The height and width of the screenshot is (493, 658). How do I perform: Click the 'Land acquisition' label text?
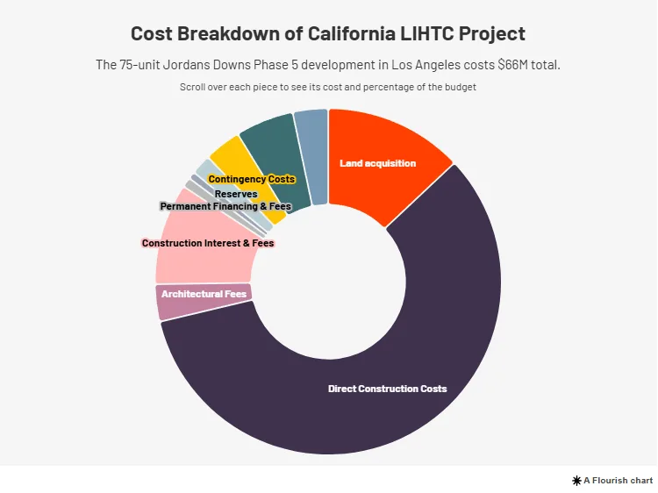point(377,163)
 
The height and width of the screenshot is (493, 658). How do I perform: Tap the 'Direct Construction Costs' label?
point(387,389)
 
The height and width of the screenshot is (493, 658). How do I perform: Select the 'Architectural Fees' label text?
point(204,294)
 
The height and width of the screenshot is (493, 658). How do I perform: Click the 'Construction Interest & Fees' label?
point(208,243)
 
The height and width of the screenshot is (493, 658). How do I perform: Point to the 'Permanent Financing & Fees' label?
point(225,206)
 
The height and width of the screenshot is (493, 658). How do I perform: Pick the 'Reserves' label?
point(236,194)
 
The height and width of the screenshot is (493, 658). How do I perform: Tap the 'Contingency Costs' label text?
point(252,179)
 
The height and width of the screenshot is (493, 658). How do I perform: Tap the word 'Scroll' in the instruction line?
point(194,88)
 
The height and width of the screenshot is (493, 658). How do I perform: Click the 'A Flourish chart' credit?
point(612,481)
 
